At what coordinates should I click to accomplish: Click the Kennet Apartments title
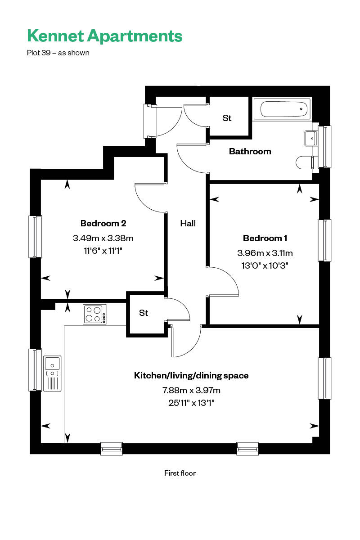coord(105,36)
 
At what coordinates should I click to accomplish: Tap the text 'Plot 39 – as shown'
coord(58,53)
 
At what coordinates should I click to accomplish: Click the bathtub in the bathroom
coord(282,109)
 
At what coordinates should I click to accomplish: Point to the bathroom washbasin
coord(311,139)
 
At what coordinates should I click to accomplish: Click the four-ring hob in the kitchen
coord(94,314)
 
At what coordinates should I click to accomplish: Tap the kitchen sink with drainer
coord(52,373)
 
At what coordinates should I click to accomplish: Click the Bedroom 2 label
coord(103,223)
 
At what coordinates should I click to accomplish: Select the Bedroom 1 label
coord(265,238)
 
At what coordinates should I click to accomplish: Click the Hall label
coord(188,223)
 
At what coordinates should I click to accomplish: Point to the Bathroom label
coord(250,151)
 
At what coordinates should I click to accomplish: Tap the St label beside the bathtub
coord(227,118)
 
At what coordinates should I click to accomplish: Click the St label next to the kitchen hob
coord(144,313)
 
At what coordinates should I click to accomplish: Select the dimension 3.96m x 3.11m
coord(265,253)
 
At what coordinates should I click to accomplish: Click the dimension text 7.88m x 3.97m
coord(191,390)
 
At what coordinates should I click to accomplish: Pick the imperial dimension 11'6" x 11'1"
coord(103,251)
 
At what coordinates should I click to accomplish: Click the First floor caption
coord(180,473)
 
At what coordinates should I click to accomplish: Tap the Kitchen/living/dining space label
coord(191,376)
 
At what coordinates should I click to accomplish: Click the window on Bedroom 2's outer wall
coord(35,237)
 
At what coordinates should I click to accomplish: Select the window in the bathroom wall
coord(324,147)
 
